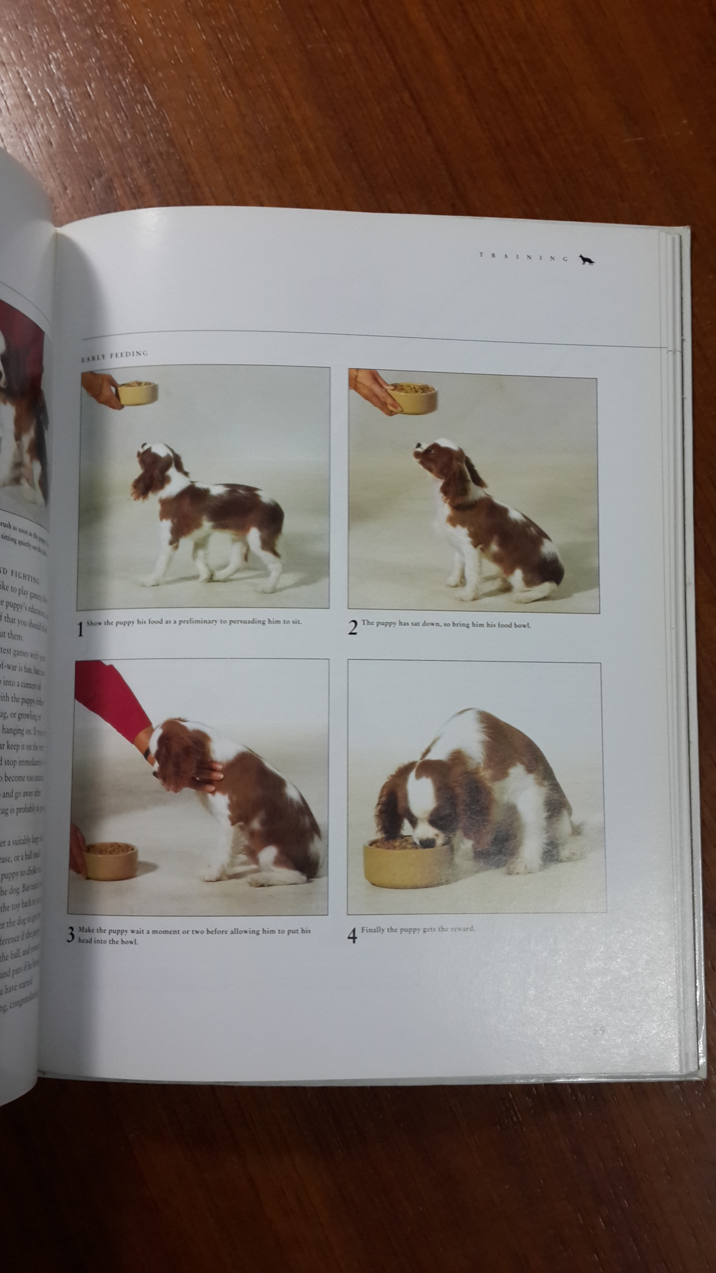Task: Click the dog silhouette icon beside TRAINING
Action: pyautogui.click(x=587, y=260)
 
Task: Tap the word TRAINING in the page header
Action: pyautogui.click(x=523, y=257)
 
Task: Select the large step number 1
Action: pyautogui.click(x=80, y=630)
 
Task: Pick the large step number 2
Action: pyautogui.click(x=353, y=628)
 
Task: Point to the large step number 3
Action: pyautogui.click(x=71, y=935)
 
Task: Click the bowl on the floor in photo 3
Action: pyautogui.click(x=111, y=860)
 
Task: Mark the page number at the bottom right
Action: pyautogui.click(x=598, y=1031)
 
